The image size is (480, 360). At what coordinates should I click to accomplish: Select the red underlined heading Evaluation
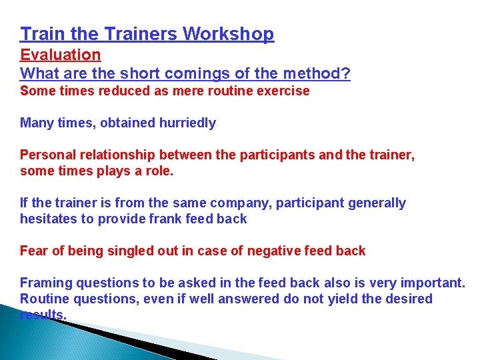tap(61, 55)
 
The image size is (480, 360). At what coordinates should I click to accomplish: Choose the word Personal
tap(45, 155)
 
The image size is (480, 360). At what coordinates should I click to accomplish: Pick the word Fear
tap(33, 251)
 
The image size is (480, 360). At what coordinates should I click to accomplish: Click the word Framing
tap(44, 283)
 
